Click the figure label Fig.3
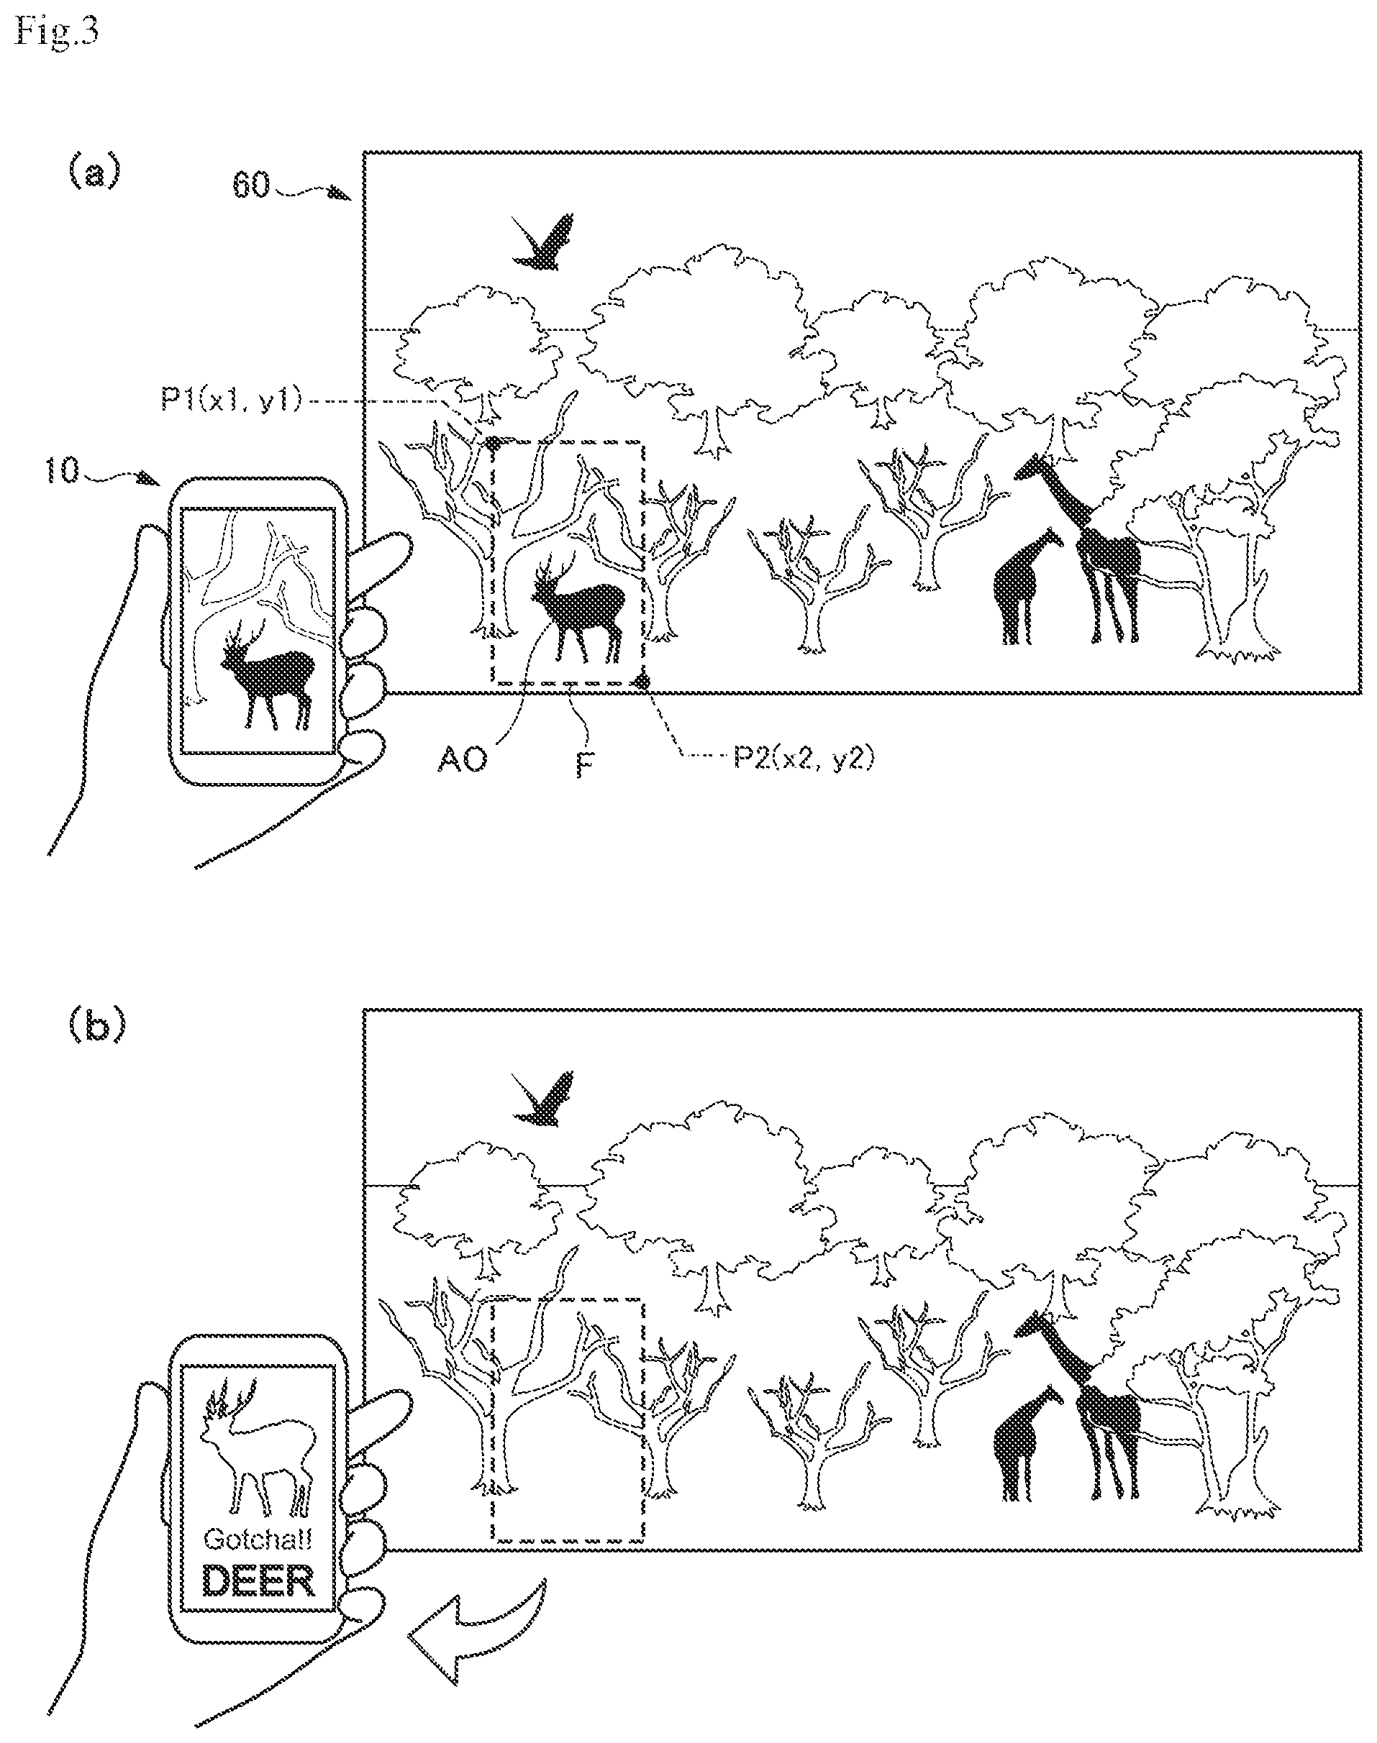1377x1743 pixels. (56, 34)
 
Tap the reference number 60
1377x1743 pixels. (252, 186)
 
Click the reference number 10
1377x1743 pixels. (63, 470)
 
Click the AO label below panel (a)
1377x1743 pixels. (463, 759)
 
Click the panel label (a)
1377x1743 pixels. (94, 173)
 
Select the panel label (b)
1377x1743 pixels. (96, 1026)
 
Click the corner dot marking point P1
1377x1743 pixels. (493, 442)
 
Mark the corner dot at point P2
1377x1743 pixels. (642, 683)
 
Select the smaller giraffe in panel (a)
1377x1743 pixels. (1022, 586)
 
